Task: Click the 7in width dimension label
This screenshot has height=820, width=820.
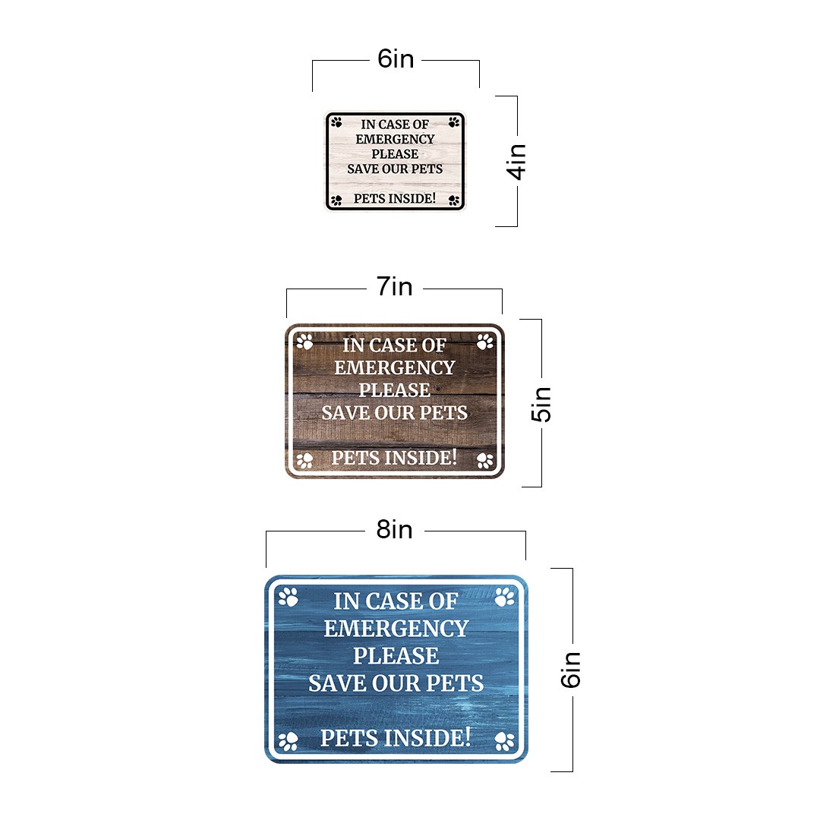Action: point(395,286)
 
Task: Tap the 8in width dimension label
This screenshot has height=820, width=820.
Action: point(395,530)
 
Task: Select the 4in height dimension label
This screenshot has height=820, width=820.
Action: point(516,162)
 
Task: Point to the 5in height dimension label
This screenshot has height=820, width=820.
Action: point(541,404)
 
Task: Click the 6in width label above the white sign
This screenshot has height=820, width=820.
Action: point(396,59)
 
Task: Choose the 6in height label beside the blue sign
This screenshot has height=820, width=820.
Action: point(570,670)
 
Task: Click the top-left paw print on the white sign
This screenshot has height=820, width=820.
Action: point(336,122)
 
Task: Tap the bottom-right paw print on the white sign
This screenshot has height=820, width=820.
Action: point(454,200)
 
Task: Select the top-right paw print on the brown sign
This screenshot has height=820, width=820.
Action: point(484,342)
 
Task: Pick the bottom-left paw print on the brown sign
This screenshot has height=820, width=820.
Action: point(304,460)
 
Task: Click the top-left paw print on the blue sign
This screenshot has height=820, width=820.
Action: point(289,598)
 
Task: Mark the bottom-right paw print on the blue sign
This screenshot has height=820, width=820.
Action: point(505,741)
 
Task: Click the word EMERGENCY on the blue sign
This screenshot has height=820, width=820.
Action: point(396,629)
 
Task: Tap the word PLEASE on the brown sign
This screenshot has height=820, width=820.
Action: point(394,390)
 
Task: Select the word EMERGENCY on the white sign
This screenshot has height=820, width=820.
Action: point(395,139)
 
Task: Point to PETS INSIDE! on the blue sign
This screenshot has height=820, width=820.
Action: point(396,737)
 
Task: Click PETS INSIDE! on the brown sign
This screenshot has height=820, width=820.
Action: point(394,458)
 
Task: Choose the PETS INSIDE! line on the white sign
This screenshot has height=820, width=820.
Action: point(395,199)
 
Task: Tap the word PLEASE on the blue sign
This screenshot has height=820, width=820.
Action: point(396,656)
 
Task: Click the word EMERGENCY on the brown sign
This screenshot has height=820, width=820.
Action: point(394,367)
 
